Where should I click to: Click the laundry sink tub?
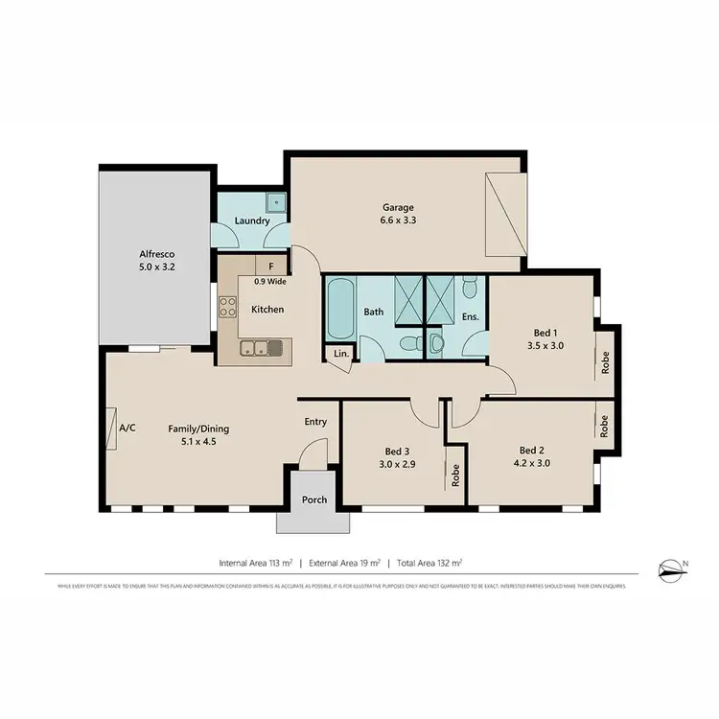click(277, 202)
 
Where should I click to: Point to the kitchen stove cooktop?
click(228, 307)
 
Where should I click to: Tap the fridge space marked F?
click(271, 267)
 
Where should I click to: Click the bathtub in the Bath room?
click(340, 309)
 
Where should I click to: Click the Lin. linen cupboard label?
click(340, 354)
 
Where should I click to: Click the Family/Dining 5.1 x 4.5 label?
click(198, 436)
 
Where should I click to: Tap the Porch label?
click(314, 499)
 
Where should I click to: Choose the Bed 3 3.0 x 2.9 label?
click(397, 456)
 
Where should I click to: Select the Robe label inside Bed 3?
click(456, 475)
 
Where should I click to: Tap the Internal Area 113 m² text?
click(255, 563)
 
